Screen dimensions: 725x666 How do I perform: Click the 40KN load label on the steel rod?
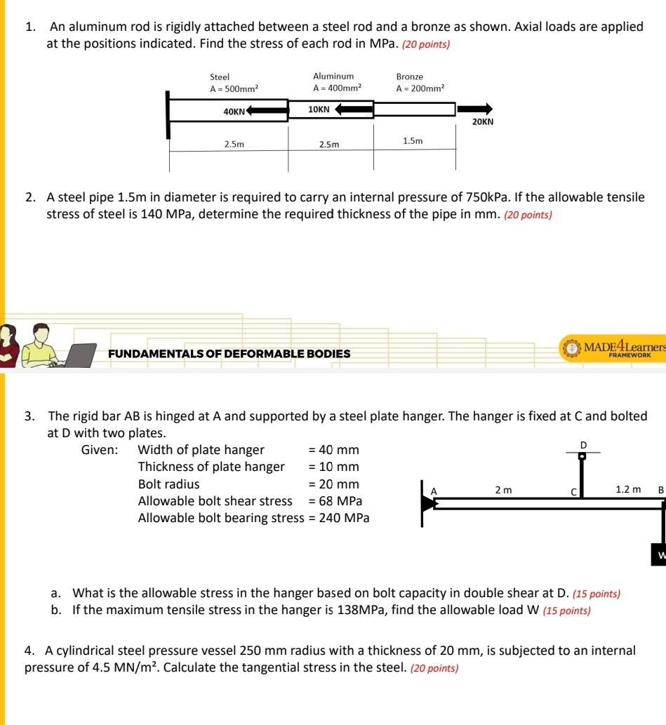coord(234,112)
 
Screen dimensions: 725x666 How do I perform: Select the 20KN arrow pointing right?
coord(475,109)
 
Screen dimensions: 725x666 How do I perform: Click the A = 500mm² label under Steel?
coord(234,89)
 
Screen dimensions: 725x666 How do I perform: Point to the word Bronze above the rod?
coord(409,77)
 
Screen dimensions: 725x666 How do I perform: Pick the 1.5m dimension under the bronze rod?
coord(413,141)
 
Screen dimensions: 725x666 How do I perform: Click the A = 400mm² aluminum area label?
coord(338,88)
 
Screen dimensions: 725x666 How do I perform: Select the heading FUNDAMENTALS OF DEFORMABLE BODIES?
coord(229,354)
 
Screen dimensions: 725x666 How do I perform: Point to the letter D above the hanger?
coord(582,444)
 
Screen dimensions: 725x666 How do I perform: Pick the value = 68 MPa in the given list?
coord(335,501)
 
